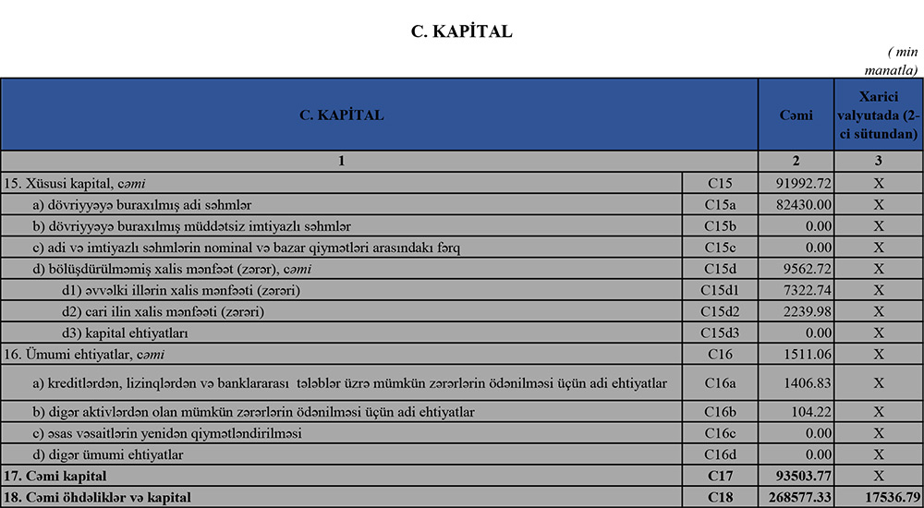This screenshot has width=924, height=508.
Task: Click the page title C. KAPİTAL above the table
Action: click(461, 31)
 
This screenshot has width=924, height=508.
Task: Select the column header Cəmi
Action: click(796, 115)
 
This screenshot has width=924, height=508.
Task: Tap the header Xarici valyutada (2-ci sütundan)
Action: click(878, 115)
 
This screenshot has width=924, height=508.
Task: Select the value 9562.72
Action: click(796, 269)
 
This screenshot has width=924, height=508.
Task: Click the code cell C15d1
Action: click(719, 290)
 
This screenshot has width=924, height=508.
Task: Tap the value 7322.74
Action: click(796, 290)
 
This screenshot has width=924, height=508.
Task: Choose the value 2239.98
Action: click(796, 311)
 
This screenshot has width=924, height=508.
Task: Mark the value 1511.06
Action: click(796, 354)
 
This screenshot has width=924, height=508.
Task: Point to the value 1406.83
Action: click(796, 382)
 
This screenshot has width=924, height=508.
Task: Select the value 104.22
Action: click(796, 411)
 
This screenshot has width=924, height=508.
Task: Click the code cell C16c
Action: click(719, 432)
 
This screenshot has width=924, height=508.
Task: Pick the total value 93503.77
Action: click(796, 477)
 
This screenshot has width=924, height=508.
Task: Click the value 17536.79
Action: click(878, 499)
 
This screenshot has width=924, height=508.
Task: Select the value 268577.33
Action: click(796, 499)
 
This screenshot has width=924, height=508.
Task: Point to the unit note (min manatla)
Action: click(893, 60)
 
